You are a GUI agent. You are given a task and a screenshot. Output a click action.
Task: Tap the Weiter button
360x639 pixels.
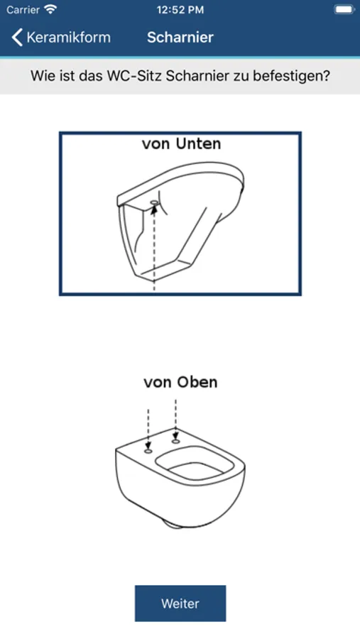tap(180, 603)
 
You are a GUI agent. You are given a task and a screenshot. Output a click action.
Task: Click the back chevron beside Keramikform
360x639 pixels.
tap(17, 37)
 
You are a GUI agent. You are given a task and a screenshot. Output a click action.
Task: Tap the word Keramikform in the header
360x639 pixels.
tap(68, 37)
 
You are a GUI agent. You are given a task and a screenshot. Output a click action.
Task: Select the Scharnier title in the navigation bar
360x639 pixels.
tap(180, 37)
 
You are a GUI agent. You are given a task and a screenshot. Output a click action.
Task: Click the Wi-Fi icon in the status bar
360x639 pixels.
tap(50, 9)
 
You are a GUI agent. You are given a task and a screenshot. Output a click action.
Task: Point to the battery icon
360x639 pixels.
tap(344, 9)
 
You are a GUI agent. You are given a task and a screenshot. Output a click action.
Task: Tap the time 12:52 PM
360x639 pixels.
tap(180, 10)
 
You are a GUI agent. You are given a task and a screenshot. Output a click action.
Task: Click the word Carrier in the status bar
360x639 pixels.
tap(23, 10)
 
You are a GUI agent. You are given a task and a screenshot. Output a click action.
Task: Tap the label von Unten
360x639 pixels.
tap(182, 143)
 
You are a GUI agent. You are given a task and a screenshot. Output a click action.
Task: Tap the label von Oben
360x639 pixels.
tap(180, 382)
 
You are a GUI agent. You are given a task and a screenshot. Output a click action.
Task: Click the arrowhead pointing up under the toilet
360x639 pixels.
tap(154, 209)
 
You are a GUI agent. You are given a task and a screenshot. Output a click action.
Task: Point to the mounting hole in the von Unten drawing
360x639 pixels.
tap(155, 202)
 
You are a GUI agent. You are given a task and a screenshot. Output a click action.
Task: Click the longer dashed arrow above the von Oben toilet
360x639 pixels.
tap(175, 420)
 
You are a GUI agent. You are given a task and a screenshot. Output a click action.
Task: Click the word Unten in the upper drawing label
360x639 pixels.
tap(199, 143)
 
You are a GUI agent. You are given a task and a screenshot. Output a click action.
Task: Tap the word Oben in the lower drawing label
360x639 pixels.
tap(197, 382)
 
